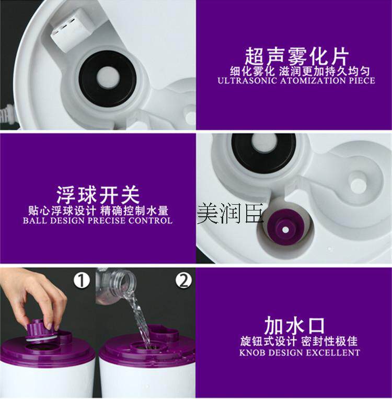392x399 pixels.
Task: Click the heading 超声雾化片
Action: pyautogui.click(x=296, y=56)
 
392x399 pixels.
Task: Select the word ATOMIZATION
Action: pyautogui.click(x=313, y=80)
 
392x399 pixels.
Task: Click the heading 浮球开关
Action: pyautogui.click(x=98, y=195)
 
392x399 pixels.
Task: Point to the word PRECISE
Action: pyautogui.click(x=110, y=220)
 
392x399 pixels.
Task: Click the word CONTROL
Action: pyautogui.click(x=151, y=220)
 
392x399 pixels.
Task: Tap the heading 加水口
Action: pyautogui.click(x=294, y=326)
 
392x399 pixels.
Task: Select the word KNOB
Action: pyautogui.click(x=252, y=353)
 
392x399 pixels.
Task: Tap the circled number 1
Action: pyautogui.click(x=82, y=280)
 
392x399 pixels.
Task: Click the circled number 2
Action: pyautogui.click(x=183, y=280)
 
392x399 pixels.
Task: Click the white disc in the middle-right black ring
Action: pyautogui.click(x=263, y=143)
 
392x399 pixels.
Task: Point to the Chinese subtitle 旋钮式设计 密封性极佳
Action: pyautogui.click(x=299, y=341)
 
